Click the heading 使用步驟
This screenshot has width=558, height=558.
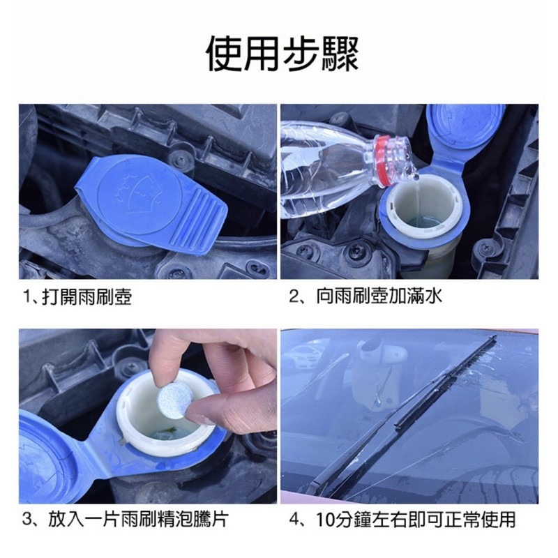pos(282,53)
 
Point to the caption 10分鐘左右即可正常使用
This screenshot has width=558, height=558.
pos(412,520)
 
